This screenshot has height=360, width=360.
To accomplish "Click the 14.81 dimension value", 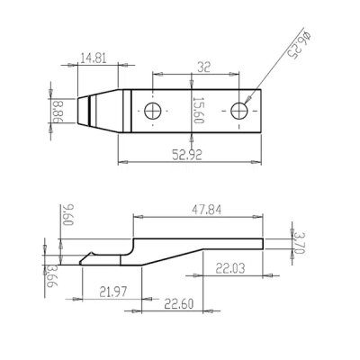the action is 94,58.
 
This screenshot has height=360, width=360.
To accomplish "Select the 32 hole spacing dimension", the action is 204,67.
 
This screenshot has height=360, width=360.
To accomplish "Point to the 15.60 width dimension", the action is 198,110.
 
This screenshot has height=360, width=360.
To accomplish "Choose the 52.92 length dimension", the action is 187,155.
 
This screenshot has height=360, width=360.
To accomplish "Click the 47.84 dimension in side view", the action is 207,210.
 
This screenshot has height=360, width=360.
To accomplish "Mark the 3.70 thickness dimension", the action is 299,243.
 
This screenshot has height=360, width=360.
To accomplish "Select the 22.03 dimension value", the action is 230,268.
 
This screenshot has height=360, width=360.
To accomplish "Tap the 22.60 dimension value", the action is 179,304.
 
